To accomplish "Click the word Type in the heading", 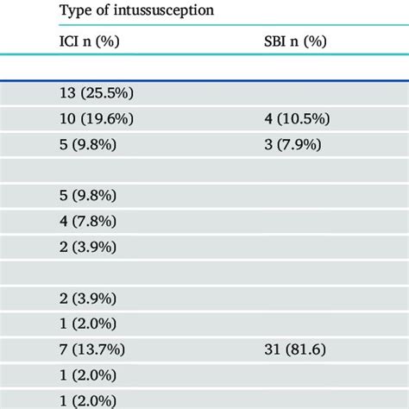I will pos(75,11).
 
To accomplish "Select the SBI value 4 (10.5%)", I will pos(297,120).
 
